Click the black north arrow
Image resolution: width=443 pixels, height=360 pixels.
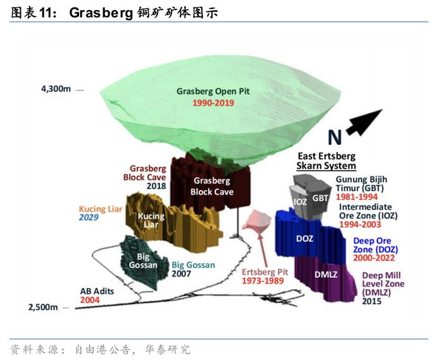(365, 121)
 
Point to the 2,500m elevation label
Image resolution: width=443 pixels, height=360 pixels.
(42, 307)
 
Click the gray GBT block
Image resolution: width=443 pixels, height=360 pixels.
(320, 198)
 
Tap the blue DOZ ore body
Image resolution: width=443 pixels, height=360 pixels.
(304, 239)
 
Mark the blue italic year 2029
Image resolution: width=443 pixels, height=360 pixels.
(90, 218)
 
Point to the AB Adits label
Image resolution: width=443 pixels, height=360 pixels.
(97, 292)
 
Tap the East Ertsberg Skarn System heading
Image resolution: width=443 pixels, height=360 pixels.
(327, 161)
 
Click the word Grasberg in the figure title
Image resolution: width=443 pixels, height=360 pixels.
(99, 12)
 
